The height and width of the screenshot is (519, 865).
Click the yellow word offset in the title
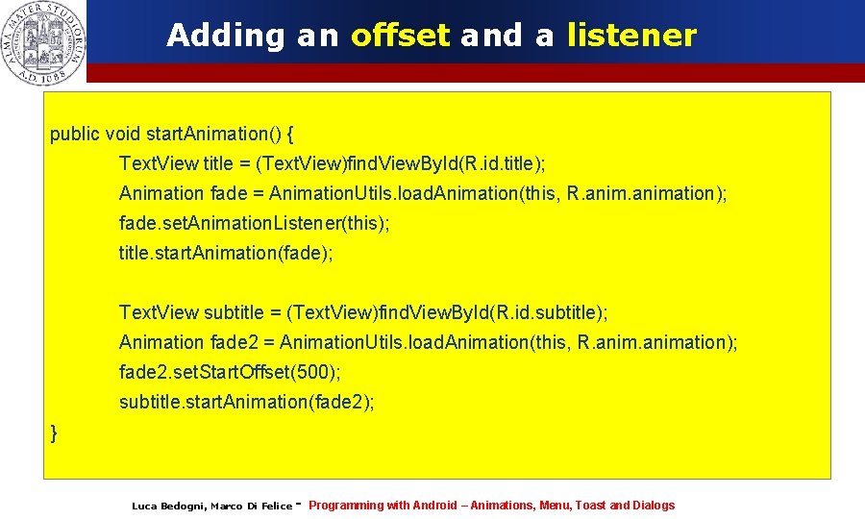(400, 36)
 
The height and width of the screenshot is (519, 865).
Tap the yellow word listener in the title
(631, 36)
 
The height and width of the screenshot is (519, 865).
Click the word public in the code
(74, 134)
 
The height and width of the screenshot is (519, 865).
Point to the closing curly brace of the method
(54, 433)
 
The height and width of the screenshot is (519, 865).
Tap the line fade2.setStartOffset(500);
(230, 371)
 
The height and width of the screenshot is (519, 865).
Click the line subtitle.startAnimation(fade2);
(246, 402)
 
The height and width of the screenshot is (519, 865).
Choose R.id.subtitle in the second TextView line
(544, 312)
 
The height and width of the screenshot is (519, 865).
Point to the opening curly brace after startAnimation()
(291, 134)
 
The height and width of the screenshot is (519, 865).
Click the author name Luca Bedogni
(167, 507)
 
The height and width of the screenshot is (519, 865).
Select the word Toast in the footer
(590, 506)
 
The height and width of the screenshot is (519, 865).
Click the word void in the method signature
(122, 134)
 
